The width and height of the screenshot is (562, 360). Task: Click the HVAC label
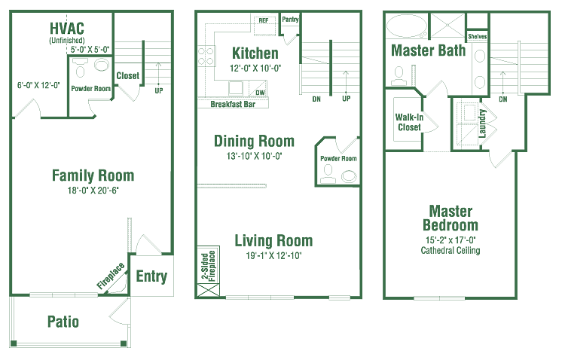tap(67, 29)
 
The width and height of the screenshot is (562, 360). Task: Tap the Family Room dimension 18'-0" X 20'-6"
tap(93, 191)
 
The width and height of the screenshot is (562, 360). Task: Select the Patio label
tap(63, 322)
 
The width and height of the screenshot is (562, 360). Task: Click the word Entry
tap(151, 276)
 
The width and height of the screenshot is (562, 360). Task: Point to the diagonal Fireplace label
tap(111, 275)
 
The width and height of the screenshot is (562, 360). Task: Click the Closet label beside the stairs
tap(128, 75)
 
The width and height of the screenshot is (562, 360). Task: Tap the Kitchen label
tap(255, 53)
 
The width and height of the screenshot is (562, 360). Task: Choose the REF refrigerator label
tap(264, 20)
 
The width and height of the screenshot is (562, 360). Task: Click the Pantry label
tap(290, 20)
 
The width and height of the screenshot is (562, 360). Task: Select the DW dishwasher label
tap(260, 93)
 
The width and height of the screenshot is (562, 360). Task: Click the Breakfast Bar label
tap(233, 104)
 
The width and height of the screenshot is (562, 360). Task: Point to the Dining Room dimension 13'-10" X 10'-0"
tap(254, 156)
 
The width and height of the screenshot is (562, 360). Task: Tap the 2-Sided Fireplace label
tap(208, 266)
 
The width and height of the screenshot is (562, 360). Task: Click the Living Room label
tap(273, 240)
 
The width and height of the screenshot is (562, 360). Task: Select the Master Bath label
tap(429, 50)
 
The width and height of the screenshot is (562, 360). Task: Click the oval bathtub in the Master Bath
tap(407, 26)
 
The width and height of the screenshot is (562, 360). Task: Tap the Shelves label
tap(478, 37)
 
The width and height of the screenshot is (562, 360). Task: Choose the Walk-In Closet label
tap(409, 122)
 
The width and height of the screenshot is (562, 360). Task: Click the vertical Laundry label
tap(482, 124)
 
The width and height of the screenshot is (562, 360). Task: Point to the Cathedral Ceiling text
tap(451, 250)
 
